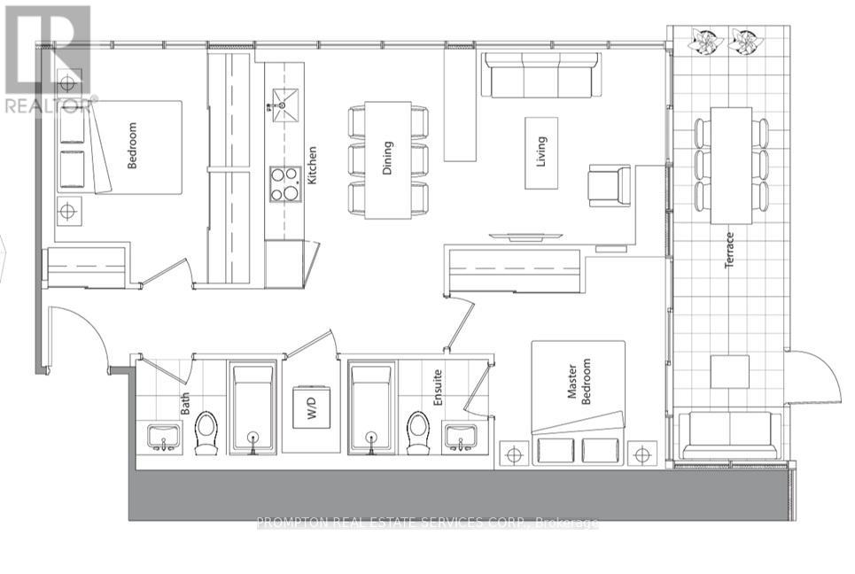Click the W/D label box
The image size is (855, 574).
click(311, 407)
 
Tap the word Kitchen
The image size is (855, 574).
click(312, 165)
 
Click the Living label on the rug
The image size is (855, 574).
click(541, 151)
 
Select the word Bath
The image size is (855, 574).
click(186, 404)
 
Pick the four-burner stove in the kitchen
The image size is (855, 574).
click(285, 184)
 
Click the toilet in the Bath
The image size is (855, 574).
click(206, 432)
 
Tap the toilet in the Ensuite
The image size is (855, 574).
click(417, 432)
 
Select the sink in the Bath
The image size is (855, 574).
click(163, 437)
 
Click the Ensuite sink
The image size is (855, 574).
click(460, 437)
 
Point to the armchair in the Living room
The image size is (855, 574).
click(610, 186)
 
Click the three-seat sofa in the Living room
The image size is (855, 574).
click(540, 75)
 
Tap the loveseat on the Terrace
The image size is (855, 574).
click(730, 434)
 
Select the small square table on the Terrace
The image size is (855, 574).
click(730, 371)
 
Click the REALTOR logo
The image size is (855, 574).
click(45, 58)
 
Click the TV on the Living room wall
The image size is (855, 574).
click(525, 236)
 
